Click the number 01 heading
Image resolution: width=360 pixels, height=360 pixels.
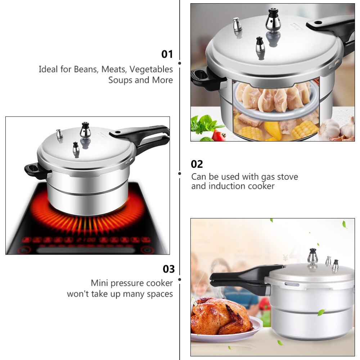click(167, 54)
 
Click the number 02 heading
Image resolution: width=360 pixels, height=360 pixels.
click(197, 164)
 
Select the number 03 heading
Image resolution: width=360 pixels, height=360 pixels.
click(168, 269)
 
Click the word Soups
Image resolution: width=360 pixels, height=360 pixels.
click(120, 80)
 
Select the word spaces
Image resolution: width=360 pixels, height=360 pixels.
click(159, 294)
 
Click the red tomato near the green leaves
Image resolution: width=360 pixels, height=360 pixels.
click(219, 135)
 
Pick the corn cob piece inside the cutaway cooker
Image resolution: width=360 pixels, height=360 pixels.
click(305, 130)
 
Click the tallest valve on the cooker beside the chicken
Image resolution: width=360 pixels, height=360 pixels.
click(312, 256)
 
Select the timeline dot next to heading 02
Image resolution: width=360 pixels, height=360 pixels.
click(180, 173)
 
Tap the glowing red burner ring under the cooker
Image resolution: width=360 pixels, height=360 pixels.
click(86, 220)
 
